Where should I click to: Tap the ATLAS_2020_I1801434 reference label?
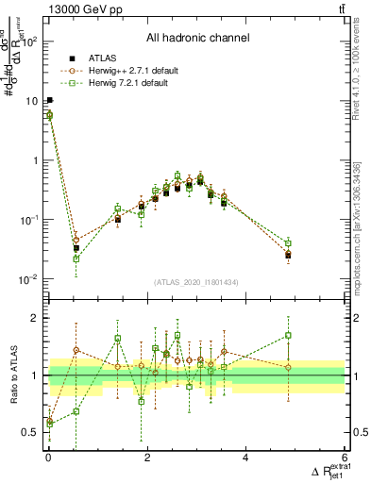coord(196,281)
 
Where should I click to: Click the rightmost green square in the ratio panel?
coord(288,335)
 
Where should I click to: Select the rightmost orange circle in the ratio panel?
coord(288,367)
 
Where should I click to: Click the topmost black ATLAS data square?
coord(49,100)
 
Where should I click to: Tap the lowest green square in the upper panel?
coord(76,258)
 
